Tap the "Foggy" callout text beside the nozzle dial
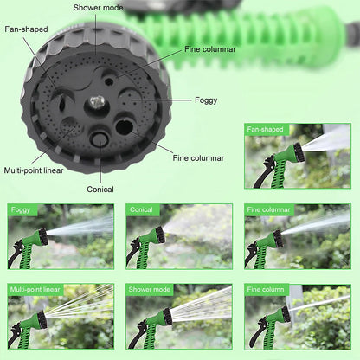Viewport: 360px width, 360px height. (205, 100)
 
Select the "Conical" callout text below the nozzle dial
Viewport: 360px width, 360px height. (100, 189)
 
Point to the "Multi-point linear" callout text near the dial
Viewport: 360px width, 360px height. (34, 170)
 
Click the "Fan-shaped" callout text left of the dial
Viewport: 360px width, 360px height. (27, 29)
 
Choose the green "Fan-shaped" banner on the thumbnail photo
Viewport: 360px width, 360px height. (265, 130)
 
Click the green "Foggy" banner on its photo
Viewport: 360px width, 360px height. (21, 210)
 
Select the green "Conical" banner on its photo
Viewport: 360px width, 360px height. (141, 210)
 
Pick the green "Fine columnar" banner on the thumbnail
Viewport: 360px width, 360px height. (269, 210)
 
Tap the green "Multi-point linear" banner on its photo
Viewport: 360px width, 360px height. (35, 289)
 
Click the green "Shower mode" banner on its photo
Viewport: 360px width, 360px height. (151, 289)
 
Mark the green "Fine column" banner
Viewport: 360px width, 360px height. (267, 289)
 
